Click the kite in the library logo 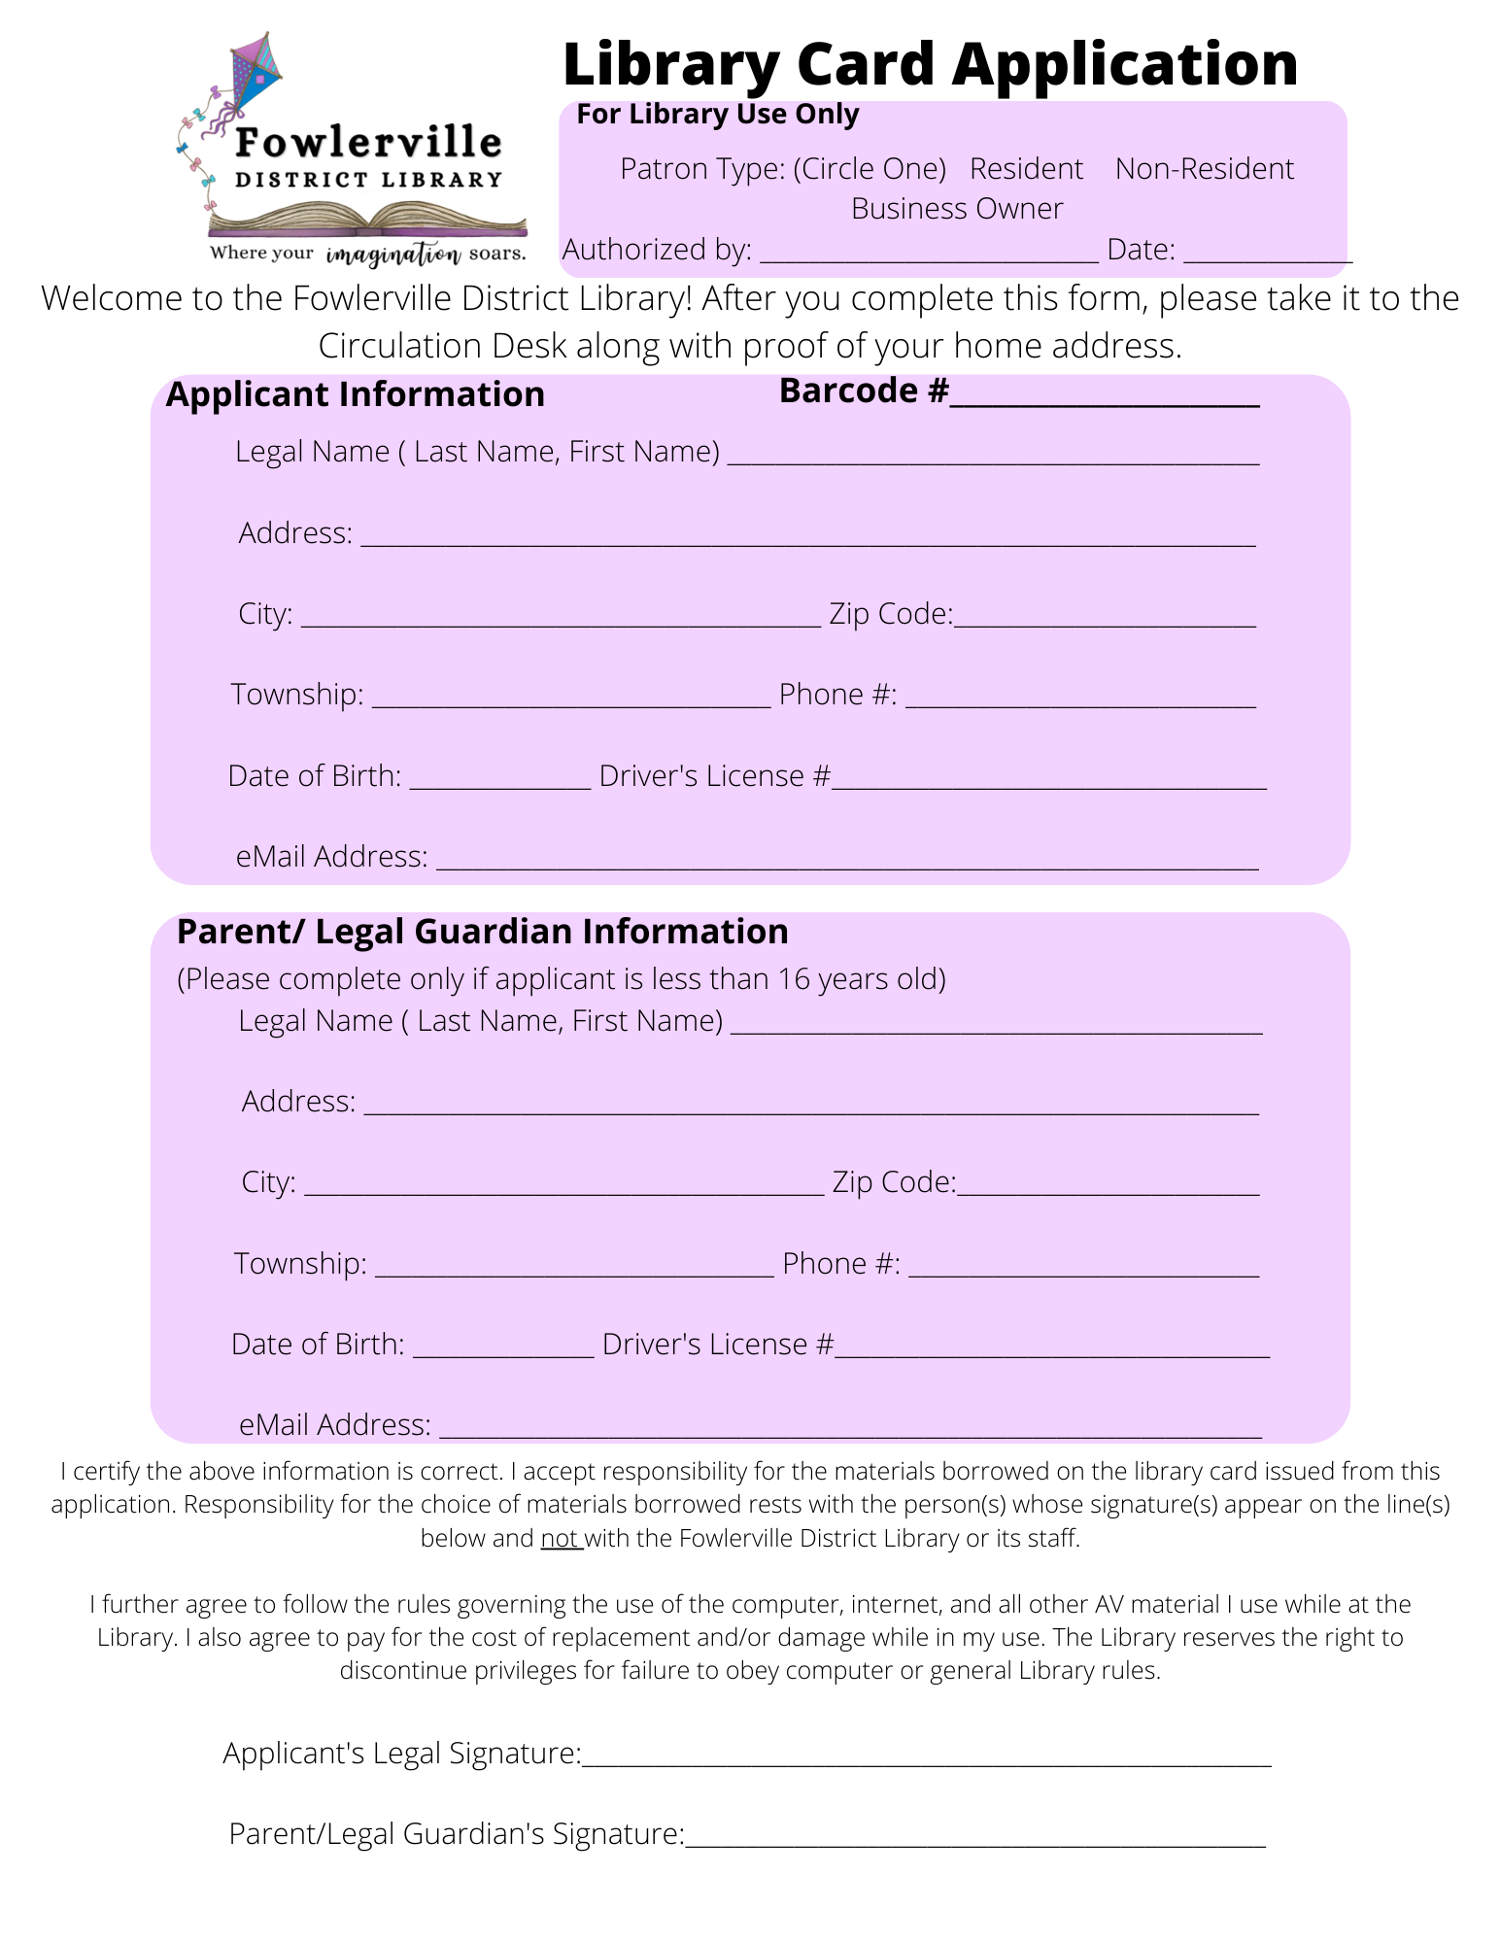pyautogui.click(x=256, y=73)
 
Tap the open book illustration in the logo pyautogui.click(x=367, y=220)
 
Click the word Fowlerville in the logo pyautogui.click(x=368, y=143)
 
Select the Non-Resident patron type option pyautogui.click(x=1204, y=169)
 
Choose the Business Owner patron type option pyautogui.click(x=957, y=209)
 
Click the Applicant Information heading pyautogui.click(x=356, y=394)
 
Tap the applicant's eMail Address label pyautogui.click(x=331, y=856)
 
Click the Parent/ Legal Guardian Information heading pyautogui.click(x=482, y=932)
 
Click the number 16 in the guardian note pyautogui.click(x=794, y=979)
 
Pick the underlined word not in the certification pyautogui.click(x=561, y=1538)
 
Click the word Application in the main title pyautogui.click(x=1125, y=64)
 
